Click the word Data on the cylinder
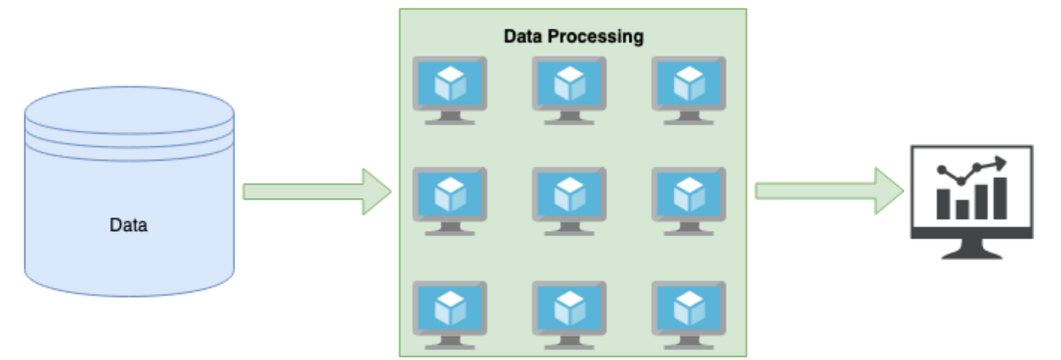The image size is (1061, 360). pyautogui.click(x=128, y=225)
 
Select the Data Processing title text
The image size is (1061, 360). pyautogui.click(x=574, y=36)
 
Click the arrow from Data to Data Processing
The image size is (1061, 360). pyautogui.click(x=316, y=192)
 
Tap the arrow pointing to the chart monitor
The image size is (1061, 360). pyautogui.click(x=828, y=191)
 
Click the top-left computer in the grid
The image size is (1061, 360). pyautogui.click(x=449, y=89)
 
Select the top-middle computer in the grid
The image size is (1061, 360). pyautogui.click(x=568, y=89)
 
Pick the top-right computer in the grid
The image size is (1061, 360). pyautogui.click(x=688, y=89)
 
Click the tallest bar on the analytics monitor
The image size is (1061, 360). pyautogui.click(x=1000, y=199)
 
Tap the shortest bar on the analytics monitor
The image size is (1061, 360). pyautogui.click(x=962, y=208)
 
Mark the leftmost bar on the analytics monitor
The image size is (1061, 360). pyautogui.click(x=944, y=203)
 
